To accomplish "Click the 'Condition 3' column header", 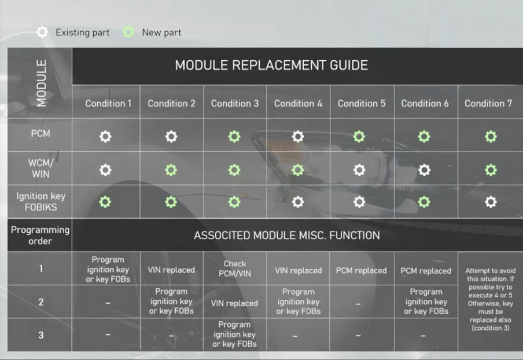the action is coord(235,104).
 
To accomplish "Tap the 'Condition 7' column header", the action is coord(488,104).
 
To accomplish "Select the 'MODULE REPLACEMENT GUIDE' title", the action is coord(271,65).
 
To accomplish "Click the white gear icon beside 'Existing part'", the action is coord(42,32).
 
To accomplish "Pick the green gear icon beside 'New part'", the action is coord(128,32).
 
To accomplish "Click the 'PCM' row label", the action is coord(40,134).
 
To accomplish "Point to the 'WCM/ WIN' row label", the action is coord(40,168).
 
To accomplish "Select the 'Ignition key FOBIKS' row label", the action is coord(40,201).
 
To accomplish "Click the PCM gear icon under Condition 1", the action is coord(105,137).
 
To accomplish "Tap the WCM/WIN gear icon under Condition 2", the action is coord(171,170).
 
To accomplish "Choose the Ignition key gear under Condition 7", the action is coord(491,202).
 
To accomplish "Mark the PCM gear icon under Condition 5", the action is coord(359,137).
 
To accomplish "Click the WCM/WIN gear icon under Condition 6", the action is coord(424,170).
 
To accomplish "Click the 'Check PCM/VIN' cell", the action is coord(235,269).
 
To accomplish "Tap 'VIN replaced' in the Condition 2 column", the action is coord(171,270).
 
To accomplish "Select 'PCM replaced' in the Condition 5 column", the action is coord(361,270).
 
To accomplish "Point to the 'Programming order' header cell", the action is coord(40,235).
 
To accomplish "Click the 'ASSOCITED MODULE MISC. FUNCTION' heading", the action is coord(287,236).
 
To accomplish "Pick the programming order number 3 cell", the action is coord(40,335).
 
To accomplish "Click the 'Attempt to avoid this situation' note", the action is coord(491,299).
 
